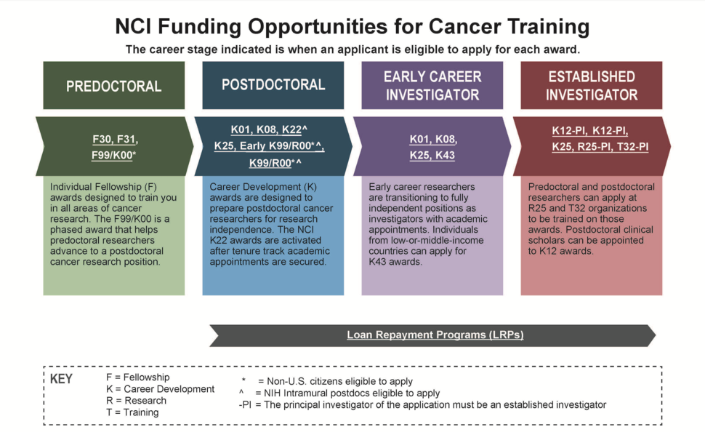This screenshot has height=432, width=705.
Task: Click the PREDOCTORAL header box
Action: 114,85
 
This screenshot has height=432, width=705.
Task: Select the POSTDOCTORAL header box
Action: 273,85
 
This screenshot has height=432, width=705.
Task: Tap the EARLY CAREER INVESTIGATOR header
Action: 432,85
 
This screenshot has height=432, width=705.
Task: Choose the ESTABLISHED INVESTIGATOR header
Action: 591,85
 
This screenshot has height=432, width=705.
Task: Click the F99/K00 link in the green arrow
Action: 112,155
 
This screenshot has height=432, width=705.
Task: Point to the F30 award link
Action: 101,139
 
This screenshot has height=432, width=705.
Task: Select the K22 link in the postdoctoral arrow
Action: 291,129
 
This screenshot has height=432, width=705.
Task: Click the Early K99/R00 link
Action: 277,145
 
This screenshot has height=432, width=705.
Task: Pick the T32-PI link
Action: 632,147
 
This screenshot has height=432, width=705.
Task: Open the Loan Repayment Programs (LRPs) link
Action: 435,335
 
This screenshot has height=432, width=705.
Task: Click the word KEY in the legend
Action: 61,379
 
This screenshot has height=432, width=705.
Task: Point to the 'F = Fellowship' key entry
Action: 138,377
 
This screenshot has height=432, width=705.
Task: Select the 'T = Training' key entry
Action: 132,412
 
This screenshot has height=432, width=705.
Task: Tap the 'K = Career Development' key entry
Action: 161,389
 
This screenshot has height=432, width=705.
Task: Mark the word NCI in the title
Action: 133,26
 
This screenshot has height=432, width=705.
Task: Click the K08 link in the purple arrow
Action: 445,140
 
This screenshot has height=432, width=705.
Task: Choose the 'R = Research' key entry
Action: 136,401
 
